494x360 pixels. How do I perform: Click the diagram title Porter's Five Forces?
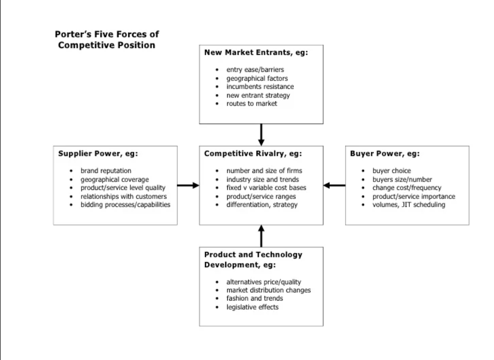[x=107, y=39]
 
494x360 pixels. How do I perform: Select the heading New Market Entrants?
[x=255, y=53]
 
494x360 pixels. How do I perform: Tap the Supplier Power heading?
[x=98, y=154]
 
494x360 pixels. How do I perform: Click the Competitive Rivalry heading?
[x=253, y=154]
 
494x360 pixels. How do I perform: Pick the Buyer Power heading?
[x=385, y=154]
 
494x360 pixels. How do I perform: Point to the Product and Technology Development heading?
[x=253, y=259]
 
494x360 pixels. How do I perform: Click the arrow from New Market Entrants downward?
[x=261, y=135]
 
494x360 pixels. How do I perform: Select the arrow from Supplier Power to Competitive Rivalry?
[x=188, y=186]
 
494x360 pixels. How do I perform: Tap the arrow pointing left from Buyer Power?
[x=334, y=186]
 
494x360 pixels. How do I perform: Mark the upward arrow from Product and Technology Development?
[x=261, y=236]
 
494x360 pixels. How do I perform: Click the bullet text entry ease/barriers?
[x=255, y=70]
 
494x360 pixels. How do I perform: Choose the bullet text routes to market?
[x=251, y=104]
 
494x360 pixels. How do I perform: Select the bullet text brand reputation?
[x=106, y=171]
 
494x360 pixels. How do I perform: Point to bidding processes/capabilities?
[x=125, y=205]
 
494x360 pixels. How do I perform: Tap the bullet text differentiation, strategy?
[x=262, y=205]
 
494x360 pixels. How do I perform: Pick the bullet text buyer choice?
[x=391, y=171]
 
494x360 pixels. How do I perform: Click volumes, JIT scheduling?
[x=408, y=205]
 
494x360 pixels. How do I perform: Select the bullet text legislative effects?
[x=252, y=307]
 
